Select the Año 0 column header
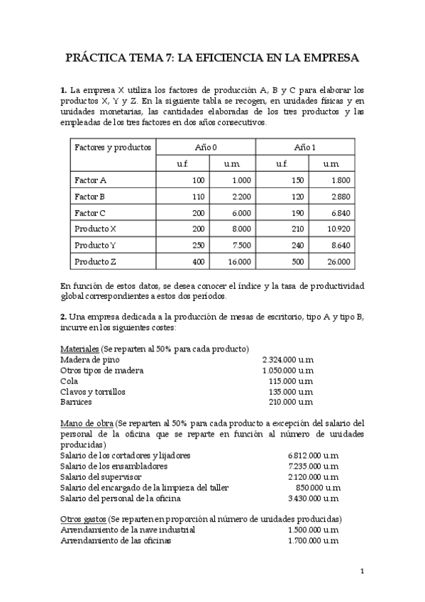[206, 147]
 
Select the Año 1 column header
[305, 147]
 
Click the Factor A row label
[91, 180]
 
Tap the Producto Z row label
[96, 262]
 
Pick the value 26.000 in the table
[338, 262]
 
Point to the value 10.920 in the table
[338, 229]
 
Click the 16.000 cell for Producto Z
[238, 262]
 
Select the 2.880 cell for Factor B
[340, 197]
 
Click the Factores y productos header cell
[112, 147]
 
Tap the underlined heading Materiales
[79, 349]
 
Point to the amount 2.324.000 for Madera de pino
[287, 360]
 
